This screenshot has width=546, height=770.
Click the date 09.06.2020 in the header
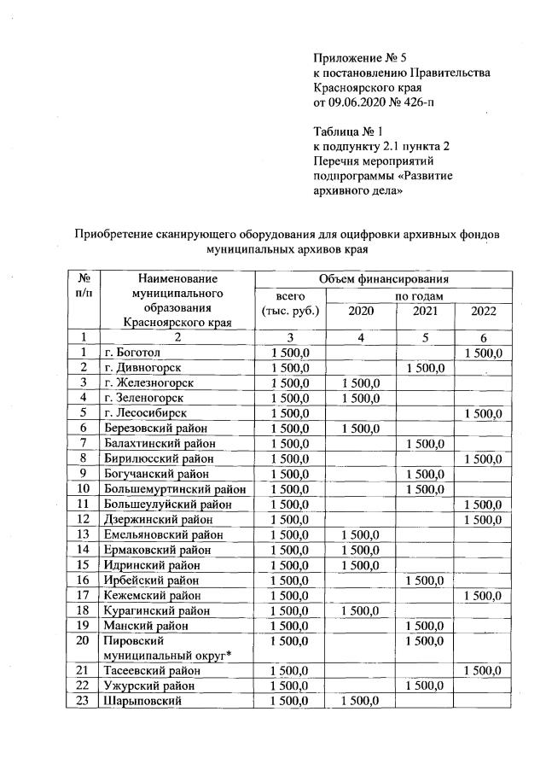click(x=358, y=103)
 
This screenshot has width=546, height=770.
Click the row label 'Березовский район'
click(x=155, y=428)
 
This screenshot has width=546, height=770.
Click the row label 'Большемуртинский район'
click(x=174, y=489)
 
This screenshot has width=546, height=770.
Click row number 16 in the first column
click(x=84, y=580)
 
